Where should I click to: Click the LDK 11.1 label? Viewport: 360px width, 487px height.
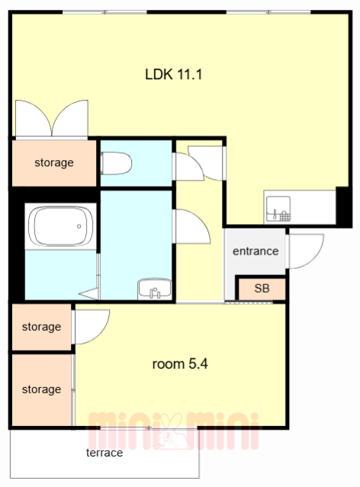pyautogui.click(x=173, y=75)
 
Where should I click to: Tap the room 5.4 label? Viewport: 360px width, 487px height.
pyautogui.click(x=180, y=364)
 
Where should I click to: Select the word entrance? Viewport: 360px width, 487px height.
pyautogui.click(x=256, y=251)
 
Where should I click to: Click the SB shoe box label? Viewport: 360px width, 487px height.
pyautogui.click(x=262, y=288)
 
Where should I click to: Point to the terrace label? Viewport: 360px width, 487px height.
pyautogui.click(x=104, y=453)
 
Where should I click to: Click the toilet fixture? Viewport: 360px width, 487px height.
pyautogui.click(x=116, y=163)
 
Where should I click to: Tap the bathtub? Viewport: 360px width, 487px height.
pyautogui.click(x=60, y=226)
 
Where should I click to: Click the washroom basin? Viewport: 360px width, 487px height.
pyautogui.click(x=155, y=289)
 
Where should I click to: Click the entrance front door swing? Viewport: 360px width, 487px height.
pyautogui.click(x=305, y=252)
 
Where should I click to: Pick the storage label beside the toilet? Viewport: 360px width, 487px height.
pyautogui.click(x=54, y=162)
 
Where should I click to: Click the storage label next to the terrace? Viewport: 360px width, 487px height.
pyautogui.click(x=41, y=389)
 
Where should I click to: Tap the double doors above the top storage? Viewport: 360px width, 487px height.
pyautogui.click(x=52, y=118)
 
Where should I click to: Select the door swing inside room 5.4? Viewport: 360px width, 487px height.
pyautogui.click(x=91, y=327)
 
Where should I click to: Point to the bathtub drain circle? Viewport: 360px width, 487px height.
pyautogui.click(x=79, y=226)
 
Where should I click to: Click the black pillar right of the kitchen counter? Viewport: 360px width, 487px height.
pyautogui.click(x=343, y=207)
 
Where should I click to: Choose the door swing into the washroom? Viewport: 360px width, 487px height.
pyautogui.click(x=191, y=226)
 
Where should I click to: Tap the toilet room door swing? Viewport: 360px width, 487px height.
pyautogui.click(x=188, y=166)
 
